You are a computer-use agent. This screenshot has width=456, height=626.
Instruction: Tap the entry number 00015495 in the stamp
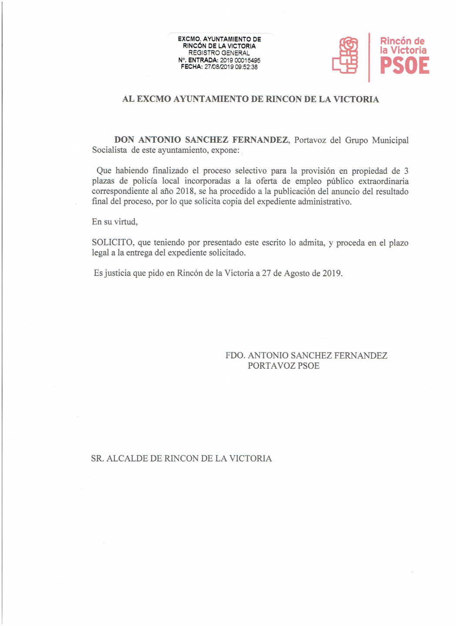[x=248, y=60]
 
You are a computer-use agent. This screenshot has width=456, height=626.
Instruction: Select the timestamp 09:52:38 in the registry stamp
[x=246, y=67]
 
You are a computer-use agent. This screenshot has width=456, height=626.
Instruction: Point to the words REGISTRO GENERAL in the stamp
[x=219, y=53]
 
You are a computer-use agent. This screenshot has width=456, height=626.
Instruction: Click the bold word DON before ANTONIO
[x=124, y=140]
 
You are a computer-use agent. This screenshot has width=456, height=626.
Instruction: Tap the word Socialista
[x=109, y=150]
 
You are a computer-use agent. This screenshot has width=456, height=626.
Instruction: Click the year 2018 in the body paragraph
[x=185, y=191]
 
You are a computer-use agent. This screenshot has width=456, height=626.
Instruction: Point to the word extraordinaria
[x=383, y=181]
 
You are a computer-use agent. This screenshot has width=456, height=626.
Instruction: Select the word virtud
[x=126, y=222]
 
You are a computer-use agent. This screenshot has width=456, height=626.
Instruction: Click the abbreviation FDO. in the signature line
[x=235, y=356]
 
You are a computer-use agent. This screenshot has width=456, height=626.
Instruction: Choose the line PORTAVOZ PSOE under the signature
[x=283, y=366]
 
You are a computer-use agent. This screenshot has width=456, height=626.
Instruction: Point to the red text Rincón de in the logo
[x=402, y=41]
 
